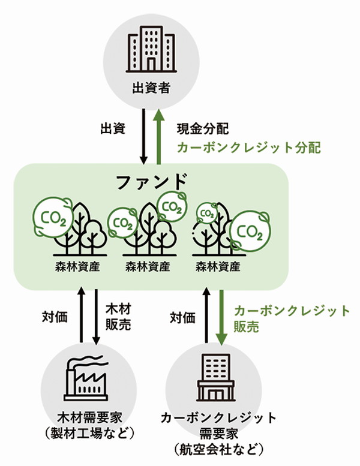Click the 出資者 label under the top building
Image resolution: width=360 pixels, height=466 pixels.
pyautogui.click(x=151, y=88)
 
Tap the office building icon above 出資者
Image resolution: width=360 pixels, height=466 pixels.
pyautogui.click(x=151, y=49)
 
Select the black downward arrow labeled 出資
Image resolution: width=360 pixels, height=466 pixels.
pyautogui.click(x=143, y=136)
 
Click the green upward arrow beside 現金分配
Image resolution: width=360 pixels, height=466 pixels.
pyautogui.click(x=159, y=136)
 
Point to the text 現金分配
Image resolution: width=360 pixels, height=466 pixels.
pyautogui.click(x=203, y=129)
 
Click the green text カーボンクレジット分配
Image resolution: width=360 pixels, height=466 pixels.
pyautogui.click(x=249, y=148)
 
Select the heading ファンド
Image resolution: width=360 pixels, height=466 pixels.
pyautogui.click(x=152, y=181)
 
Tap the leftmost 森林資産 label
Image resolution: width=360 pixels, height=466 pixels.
pyautogui.click(x=77, y=266)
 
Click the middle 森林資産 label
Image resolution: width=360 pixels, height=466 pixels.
pyautogui.click(x=148, y=266)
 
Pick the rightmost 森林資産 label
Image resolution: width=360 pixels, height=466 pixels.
pyautogui.click(x=218, y=266)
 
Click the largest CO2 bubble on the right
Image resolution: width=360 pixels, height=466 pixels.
pyautogui.click(x=250, y=232)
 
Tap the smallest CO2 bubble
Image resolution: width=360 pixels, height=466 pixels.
pyautogui.click(x=207, y=213)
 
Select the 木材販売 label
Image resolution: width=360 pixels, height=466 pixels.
pyautogui.click(x=118, y=317)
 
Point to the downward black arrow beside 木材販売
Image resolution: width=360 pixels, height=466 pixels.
pyautogui.click(x=96, y=317)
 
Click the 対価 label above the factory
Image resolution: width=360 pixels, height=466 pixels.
pyautogui.click(x=55, y=317)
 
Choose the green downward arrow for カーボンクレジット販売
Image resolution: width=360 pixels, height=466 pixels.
pyautogui.click(x=221, y=317)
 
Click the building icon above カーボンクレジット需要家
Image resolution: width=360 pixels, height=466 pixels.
pyautogui.click(x=216, y=377)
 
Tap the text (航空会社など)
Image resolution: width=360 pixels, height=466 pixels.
pyautogui.click(x=219, y=449)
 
